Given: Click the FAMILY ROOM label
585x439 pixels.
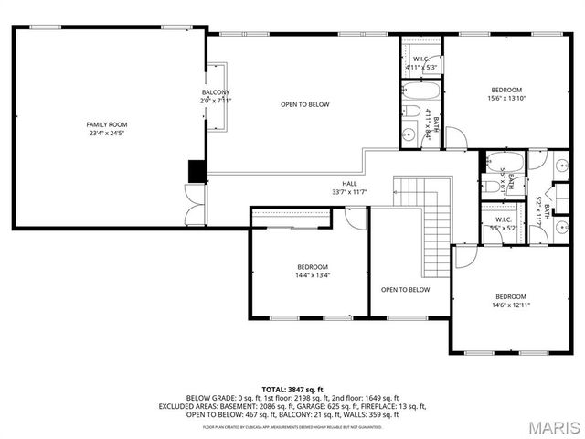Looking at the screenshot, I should pos(107,124).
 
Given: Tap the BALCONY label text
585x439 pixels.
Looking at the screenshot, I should pos(216,92).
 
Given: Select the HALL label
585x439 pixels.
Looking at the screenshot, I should pos(350,183).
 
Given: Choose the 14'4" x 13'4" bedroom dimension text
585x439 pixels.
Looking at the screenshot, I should pos(312,275).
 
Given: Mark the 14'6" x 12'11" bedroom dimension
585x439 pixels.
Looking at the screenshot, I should pos(511,305).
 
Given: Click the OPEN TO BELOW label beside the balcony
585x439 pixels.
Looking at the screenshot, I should pos(304,104).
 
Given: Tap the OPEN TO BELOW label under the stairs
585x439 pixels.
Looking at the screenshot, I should pos(405,290).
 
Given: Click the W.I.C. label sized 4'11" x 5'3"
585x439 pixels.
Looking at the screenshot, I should pos(420,59).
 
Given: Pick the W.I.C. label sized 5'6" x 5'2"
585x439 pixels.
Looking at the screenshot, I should pos(504,219).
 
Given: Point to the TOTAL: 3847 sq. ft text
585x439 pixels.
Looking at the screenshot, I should pos(292,390).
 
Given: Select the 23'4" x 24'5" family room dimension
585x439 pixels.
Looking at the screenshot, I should pos(107,134).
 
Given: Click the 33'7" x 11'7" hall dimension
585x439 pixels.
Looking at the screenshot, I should pos(350,192).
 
